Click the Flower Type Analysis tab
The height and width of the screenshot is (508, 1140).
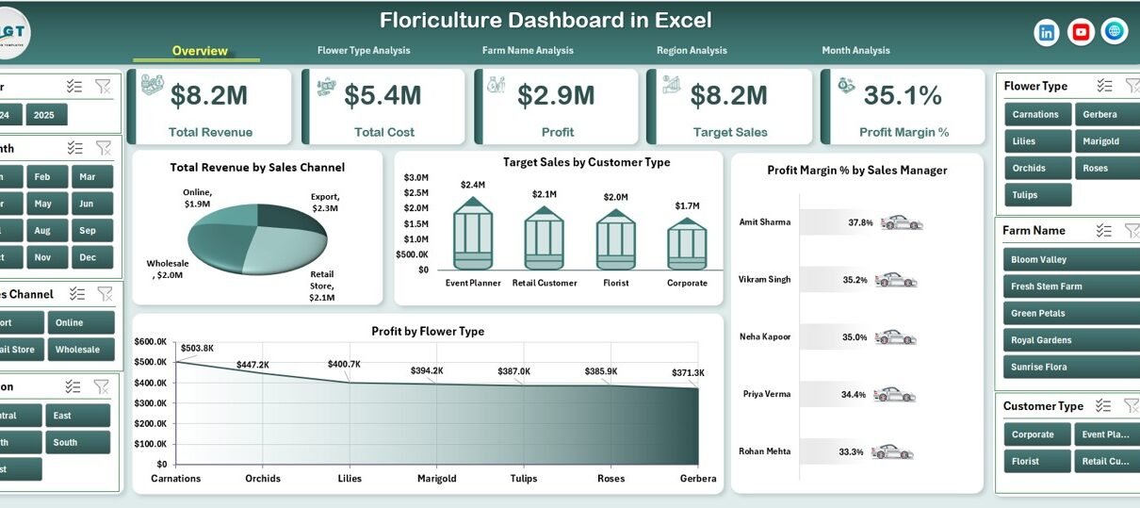pos(364,51)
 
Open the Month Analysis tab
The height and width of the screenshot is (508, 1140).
pos(855,51)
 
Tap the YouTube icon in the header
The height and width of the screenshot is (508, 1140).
pos(1081,32)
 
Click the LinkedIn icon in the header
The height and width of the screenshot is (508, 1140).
pos(1047,32)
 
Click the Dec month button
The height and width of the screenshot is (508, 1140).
pos(88,257)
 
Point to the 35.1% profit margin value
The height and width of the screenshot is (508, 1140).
pos(903,95)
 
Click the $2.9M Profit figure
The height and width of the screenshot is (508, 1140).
pos(557,95)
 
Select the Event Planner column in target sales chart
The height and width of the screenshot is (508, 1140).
pos(473,239)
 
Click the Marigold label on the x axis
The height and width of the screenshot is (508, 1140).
pos(436,479)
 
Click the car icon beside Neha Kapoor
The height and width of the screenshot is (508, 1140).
pos(896,337)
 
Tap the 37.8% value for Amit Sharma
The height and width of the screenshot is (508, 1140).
pos(860,223)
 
